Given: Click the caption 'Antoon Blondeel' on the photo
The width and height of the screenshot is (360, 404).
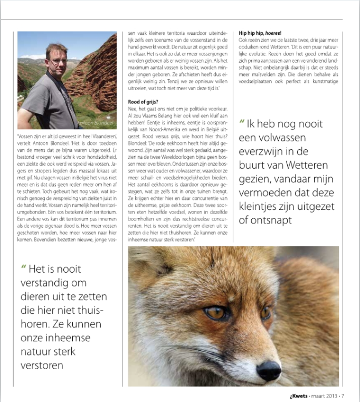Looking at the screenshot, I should click(x=94, y=122).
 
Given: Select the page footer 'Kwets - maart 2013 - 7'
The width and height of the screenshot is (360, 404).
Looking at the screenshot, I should click(x=312, y=396).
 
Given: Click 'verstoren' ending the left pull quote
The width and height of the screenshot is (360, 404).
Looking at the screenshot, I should click(x=42, y=365).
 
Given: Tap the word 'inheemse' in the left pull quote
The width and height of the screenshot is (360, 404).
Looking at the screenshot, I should click(x=59, y=338).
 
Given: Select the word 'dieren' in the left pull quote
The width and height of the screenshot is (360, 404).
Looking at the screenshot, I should click(x=35, y=296).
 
